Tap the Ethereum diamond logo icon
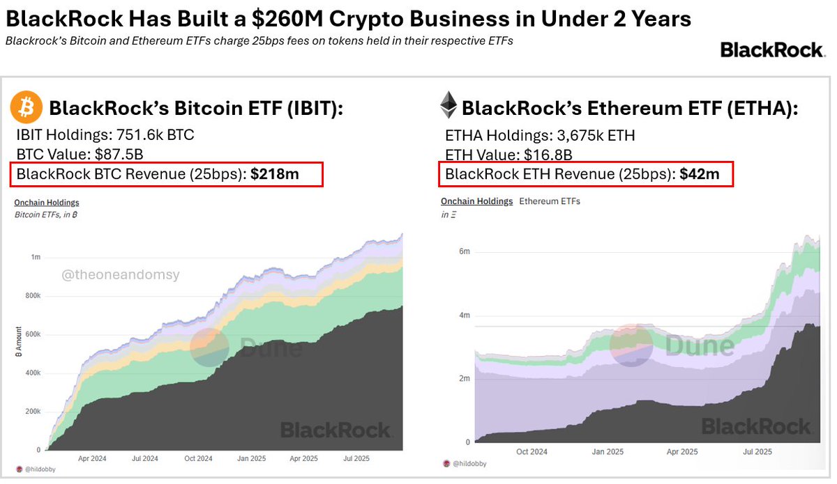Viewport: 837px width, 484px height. coord(448,107)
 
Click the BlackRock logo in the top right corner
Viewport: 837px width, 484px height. coord(772,49)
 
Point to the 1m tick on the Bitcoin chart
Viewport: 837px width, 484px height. coord(36,257)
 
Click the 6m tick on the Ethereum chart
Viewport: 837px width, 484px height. coord(463,251)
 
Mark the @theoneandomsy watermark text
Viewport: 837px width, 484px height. coord(121,275)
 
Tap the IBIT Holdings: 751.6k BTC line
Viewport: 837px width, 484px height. coord(105,135)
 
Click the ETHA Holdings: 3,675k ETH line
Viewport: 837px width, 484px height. coord(539,135)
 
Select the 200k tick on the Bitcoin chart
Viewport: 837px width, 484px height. coord(32,412)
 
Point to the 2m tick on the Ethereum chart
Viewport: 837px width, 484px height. coord(463,378)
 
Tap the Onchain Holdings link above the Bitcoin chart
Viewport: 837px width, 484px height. coord(47,203)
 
